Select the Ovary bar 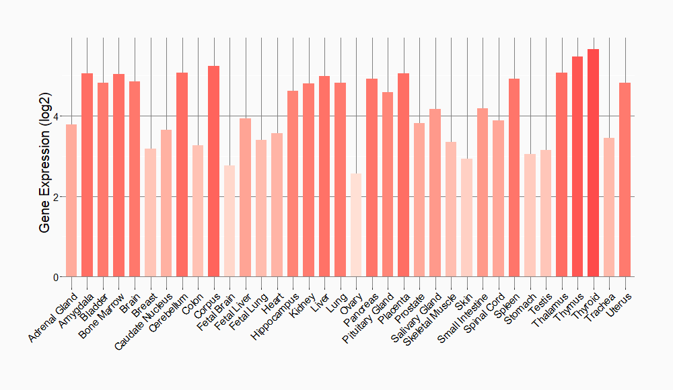click(x=356, y=225)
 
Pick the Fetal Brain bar click(x=229, y=221)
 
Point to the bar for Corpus click(x=213, y=171)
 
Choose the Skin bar click(x=466, y=218)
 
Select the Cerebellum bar click(x=182, y=175)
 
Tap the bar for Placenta click(x=403, y=175)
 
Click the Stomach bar click(x=530, y=215)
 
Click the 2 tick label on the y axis click(x=57, y=197)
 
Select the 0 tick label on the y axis click(x=57, y=277)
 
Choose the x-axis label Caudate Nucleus click(x=145, y=320)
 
